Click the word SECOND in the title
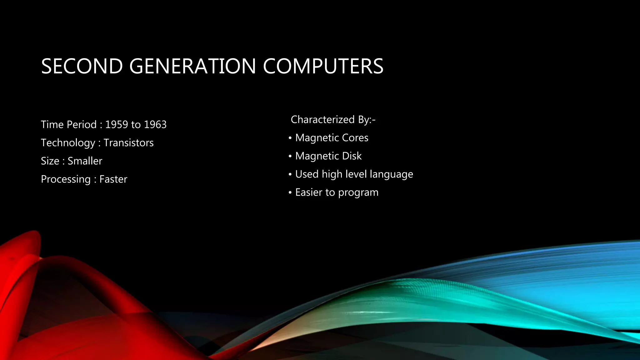click(x=82, y=66)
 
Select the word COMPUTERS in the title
click(x=323, y=66)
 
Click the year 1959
click(x=117, y=125)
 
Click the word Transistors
click(x=128, y=143)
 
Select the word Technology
click(x=68, y=143)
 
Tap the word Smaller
click(x=85, y=161)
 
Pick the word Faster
click(x=113, y=179)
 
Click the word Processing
click(x=66, y=179)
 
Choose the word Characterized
click(x=322, y=120)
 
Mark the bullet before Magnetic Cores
click(x=290, y=138)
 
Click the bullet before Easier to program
click(x=290, y=192)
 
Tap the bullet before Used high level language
click(x=290, y=174)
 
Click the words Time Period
click(x=69, y=125)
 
